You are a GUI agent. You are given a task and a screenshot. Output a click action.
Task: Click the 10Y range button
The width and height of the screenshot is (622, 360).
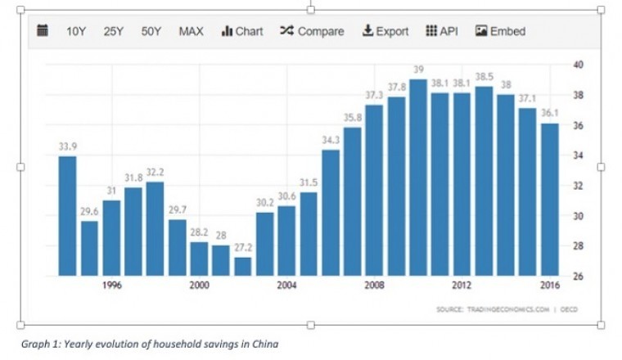click(75, 31)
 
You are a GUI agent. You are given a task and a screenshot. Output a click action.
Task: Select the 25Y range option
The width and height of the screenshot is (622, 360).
click(113, 31)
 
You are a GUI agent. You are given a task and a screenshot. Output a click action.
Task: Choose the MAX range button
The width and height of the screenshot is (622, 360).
click(191, 31)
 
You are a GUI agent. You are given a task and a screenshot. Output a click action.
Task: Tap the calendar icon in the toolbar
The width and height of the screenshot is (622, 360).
click(43, 31)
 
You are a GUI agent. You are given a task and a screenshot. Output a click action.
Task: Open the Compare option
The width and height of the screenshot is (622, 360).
click(312, 31)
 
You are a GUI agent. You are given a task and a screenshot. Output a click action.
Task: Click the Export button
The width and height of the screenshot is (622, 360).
click(385, 31)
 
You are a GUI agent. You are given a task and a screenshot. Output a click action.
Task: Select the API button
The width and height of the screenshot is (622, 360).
click(442, 31)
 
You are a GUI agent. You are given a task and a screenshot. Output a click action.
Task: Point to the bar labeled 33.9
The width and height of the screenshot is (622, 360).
click(67, 216)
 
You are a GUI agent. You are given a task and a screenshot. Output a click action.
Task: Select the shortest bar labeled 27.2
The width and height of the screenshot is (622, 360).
click(242, 267)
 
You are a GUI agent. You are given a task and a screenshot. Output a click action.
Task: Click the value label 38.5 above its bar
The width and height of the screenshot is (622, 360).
click(484, 76)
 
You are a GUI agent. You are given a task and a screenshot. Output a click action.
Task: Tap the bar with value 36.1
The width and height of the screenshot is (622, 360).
click(549, 200)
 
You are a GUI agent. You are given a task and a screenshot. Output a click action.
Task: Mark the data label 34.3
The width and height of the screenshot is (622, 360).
click(331, 140)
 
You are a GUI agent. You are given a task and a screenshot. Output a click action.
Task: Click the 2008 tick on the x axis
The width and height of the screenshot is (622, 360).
click(374, 286)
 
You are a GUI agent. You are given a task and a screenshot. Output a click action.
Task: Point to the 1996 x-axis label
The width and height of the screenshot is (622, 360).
click(112, 286)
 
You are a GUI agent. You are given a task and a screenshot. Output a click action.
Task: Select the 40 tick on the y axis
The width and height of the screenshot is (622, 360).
click(577, 65)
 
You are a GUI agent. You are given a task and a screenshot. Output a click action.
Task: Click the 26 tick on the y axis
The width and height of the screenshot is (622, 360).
click(577, 277)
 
